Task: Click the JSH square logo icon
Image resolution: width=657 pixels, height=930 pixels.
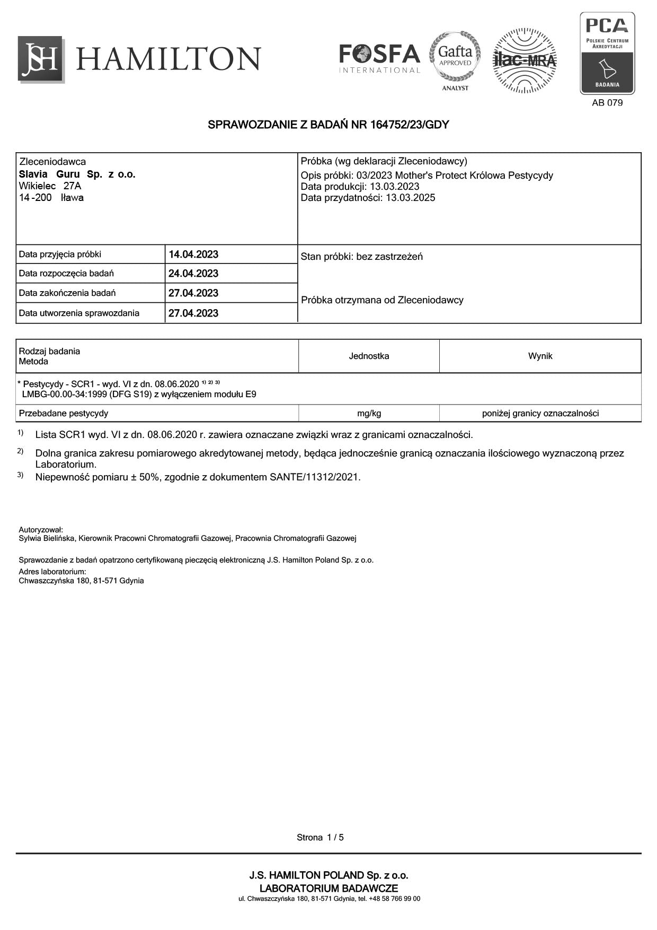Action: (x=41, y=59)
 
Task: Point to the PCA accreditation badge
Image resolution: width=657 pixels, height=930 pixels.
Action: (x=607, y=53)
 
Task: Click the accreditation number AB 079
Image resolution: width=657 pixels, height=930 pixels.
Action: (x=607, y=103)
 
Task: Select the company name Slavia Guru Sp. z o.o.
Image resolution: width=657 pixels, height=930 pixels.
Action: (x=77, y=174)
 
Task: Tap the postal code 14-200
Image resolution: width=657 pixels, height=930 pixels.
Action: (x=35, y=198)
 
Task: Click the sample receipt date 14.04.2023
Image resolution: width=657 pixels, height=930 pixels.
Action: (x=193, y=255)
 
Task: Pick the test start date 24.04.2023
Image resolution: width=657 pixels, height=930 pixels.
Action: (x=193, y=274)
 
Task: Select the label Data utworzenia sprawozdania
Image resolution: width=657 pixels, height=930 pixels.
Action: (x=79, y=313)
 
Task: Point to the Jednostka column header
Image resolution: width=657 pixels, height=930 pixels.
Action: (x=369, y=356)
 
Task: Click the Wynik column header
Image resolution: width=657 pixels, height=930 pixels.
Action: (x=540, y=356)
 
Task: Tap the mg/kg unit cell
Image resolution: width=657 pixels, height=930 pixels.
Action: (x=369, y=414)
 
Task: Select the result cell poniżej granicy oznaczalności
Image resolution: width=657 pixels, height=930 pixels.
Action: (x=540, y=414)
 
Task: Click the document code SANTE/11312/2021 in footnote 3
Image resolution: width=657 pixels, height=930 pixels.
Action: (x=314, y=477)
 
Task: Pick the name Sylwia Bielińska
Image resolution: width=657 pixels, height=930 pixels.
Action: (x=47, y=538)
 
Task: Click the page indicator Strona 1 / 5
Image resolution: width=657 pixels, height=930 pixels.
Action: (x=320, y=838)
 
